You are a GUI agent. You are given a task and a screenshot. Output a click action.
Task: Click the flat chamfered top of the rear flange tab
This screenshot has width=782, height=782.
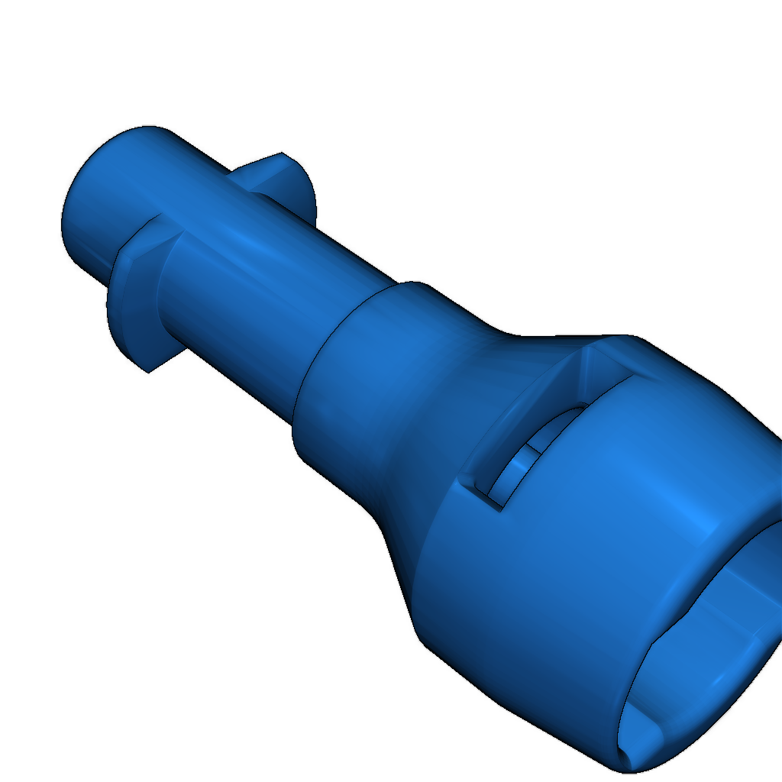click(x=260, y=162)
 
